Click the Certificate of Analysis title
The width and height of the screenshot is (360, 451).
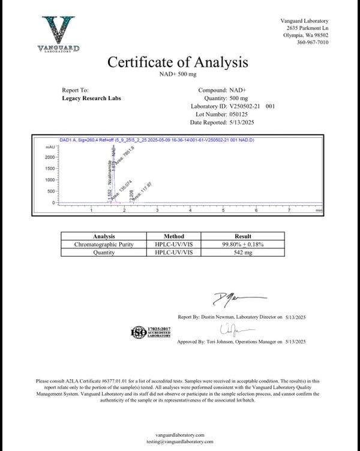click(x=177, y=62)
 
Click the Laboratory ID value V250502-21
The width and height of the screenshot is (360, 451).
click(x=247, y=106)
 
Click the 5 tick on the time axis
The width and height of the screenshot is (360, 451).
click(x=224, y=211)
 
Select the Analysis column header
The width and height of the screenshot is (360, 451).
click(x=104, y=236)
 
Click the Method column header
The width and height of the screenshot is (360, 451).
click(x=174, y=236)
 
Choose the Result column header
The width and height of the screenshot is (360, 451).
click(x=243, y=236)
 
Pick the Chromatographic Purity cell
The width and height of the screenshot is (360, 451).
click(x=104, y=245)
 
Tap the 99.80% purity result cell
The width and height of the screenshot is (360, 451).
click(x=243, y=245)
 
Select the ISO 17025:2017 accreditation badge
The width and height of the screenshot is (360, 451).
click(x=148, y=332)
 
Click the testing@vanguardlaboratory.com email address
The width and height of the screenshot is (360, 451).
click(x=179, y=441)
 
